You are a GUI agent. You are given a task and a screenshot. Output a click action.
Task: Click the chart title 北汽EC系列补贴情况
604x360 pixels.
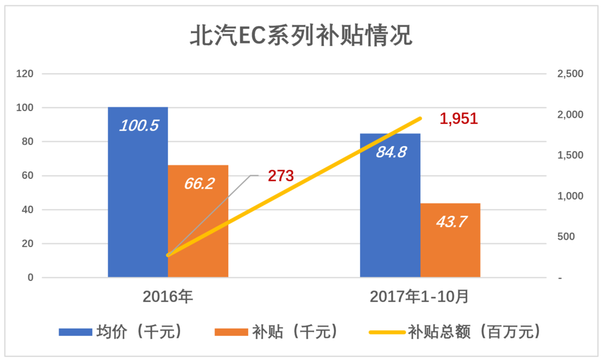(301, 36)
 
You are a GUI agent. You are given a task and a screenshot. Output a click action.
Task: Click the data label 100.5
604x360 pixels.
(138, 126)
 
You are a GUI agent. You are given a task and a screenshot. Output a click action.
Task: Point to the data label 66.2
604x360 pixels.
(199, 183)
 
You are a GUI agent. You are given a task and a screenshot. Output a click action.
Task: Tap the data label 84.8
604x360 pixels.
(390, 152)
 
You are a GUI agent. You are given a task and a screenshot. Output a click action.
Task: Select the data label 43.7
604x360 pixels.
(451, 222)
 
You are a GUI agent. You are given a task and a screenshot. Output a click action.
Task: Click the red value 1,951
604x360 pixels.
(458, 119)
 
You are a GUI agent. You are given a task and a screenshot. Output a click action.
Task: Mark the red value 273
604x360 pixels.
(281, 176)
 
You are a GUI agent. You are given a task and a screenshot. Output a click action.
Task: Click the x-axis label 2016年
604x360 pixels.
(168, 297)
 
